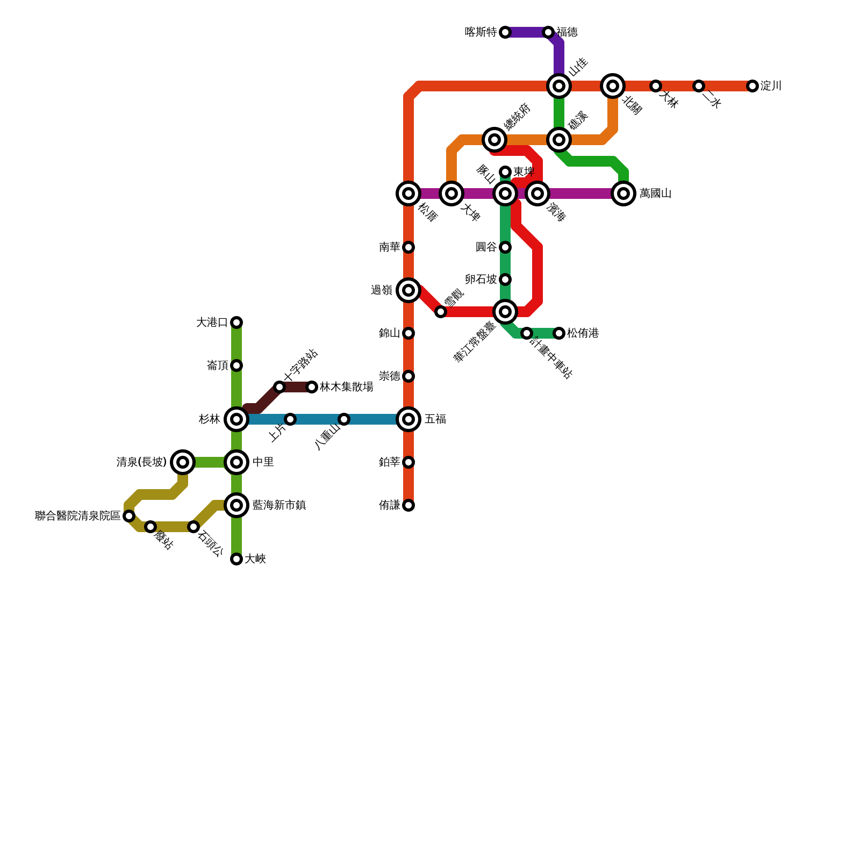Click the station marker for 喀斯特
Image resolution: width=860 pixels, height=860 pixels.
point(505,32)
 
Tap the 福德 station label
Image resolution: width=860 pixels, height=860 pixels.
point(567,32)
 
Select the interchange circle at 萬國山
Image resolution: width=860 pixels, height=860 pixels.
point(623,193)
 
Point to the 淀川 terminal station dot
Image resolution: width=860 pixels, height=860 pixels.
point(752,86)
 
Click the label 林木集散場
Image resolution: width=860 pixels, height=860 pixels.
point(347,387)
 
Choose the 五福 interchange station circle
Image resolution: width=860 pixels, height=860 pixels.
point(408,419)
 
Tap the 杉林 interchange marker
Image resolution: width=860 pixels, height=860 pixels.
point(236,419)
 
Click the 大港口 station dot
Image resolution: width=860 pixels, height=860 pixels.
point(236,322)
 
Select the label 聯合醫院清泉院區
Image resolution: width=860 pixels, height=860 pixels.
point(78,516)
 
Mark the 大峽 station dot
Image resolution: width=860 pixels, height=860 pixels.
point(236,559)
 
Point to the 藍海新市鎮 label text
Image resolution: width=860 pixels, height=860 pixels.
point(279,505)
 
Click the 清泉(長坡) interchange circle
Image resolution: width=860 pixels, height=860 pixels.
point(183,462)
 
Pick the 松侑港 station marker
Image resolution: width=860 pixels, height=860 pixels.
point(559,333)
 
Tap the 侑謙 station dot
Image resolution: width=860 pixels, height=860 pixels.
point(408,505)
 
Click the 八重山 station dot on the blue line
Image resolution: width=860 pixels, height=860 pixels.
point(344,419)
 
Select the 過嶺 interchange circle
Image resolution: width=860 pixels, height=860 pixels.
point(408,290)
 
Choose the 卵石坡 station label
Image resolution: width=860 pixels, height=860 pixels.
point(481,279)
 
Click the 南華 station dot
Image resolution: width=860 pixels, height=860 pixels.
point(408,247)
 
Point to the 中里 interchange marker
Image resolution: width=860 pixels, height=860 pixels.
point(236,462)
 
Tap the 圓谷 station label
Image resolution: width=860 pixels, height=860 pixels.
point(486,247)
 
